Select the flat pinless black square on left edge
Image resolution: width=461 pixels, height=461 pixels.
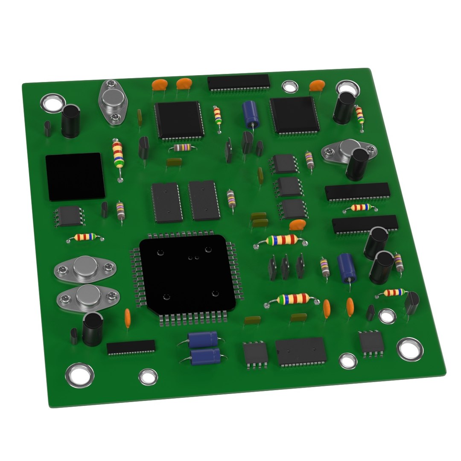click(x=75, y=176)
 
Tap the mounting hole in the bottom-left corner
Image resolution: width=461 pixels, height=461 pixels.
click(x=79, y=375)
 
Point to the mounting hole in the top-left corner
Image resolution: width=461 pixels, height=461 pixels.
click(x=52, y=103)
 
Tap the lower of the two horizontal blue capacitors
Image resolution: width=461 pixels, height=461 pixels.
click(x=206, y=356)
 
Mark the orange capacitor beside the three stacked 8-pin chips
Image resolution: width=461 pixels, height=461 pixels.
click(x=298, y=225)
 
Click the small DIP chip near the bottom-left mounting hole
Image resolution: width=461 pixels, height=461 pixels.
click(x=131, y=347)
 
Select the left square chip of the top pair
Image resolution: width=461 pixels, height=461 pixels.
click(x=178, y=119)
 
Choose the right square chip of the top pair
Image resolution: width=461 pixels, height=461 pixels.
click(x=294, y=114)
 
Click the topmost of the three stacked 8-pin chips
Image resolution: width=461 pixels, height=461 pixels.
click(x=283, y=164)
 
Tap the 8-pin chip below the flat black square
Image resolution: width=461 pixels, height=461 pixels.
click(x=68, y=216)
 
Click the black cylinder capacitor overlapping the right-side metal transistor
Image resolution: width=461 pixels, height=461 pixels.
click(x=357, y=164)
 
